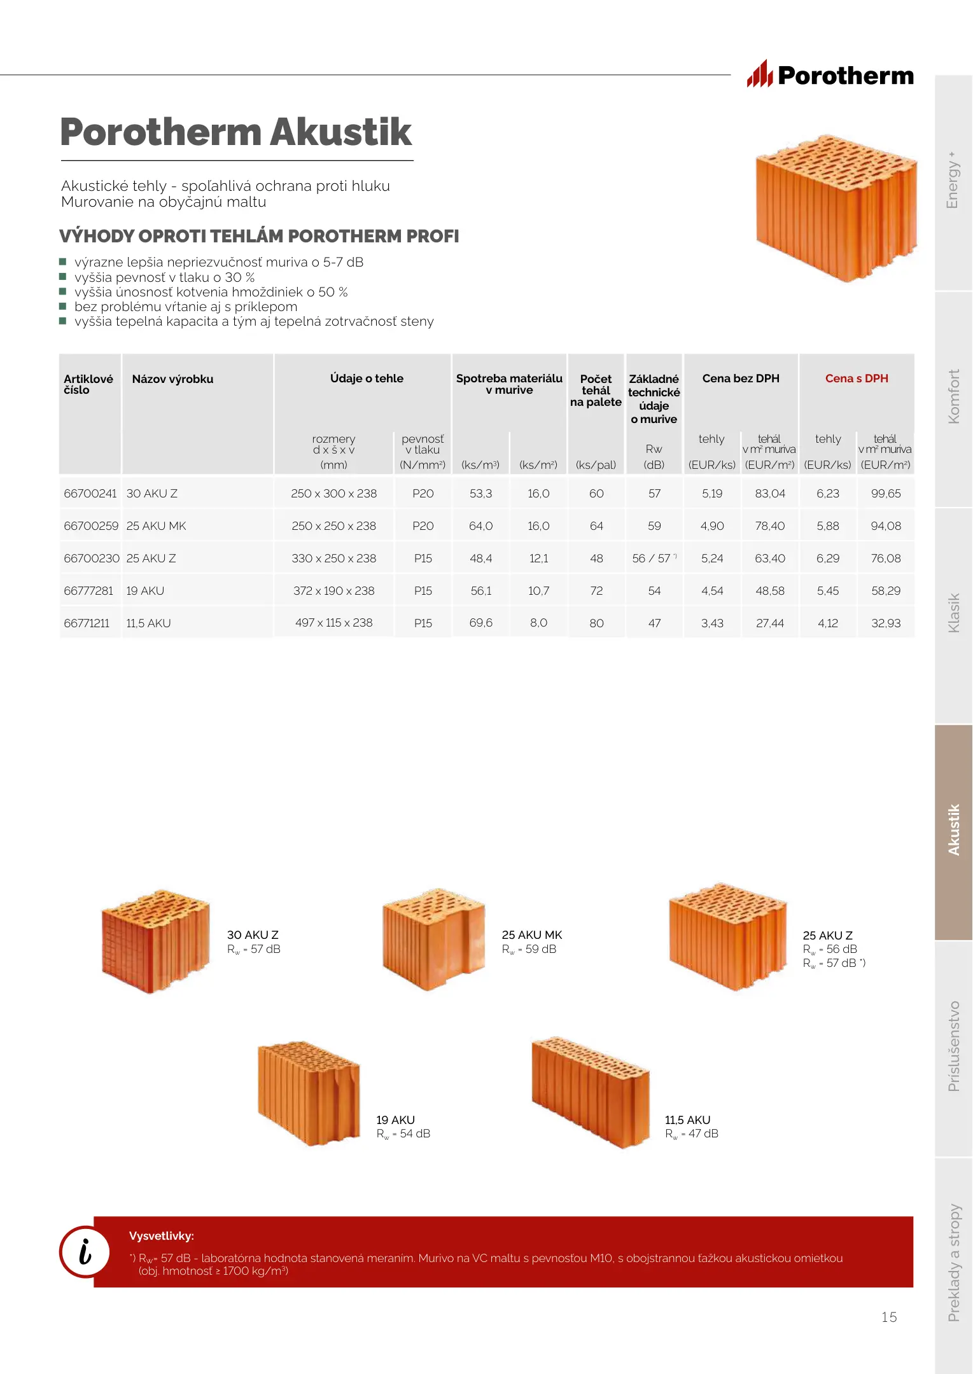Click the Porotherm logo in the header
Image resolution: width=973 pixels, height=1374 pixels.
[830, 75]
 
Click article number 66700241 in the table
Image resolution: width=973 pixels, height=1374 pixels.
[90, 494]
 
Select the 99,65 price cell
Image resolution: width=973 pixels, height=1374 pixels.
[886, 494]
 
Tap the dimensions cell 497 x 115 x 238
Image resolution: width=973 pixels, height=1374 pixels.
[333, 623]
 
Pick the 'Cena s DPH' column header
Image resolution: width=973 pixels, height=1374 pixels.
[857, 378]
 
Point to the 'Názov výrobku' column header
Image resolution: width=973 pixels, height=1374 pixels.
[172, 379]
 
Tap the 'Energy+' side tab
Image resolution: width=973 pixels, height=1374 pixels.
[953, 181]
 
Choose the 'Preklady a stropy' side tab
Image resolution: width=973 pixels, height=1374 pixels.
[953, 1263]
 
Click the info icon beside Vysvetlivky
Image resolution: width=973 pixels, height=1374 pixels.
[85, 1251]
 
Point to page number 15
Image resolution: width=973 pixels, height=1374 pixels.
[889, 1317]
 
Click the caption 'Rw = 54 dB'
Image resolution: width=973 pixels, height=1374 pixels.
[403, 1134]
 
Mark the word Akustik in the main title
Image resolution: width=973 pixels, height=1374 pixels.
[341, 132]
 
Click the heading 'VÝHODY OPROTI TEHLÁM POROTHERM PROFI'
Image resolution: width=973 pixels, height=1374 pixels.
[259, 236]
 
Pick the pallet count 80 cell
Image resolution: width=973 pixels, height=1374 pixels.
[596, 623]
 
